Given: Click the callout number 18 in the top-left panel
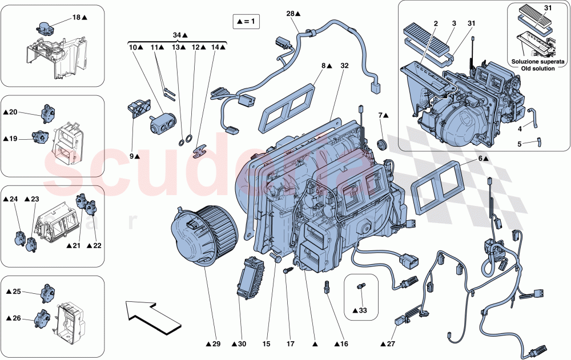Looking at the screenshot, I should pyautogui.click(x=77, y=18).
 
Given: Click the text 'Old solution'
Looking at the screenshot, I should pyautogui.click(x=538, y=68).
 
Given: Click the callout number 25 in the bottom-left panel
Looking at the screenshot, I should pyautogui.click(x=17, y=292).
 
